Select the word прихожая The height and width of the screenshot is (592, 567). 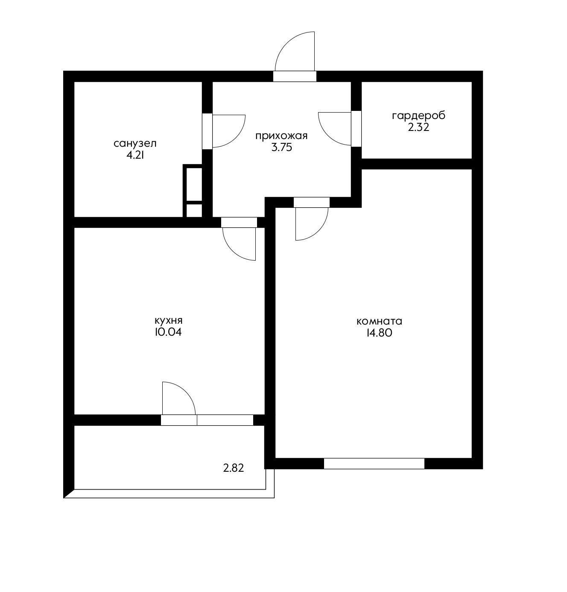point(281,136)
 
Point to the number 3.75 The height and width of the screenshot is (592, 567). point(282,148)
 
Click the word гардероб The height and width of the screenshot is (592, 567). point(418,116)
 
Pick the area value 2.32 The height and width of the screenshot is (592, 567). point(419,127)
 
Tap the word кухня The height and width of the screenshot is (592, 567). point(168,321)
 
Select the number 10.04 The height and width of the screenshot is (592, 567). point(168,332)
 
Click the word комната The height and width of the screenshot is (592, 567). point(379,321)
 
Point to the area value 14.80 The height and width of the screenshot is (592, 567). point(379,333)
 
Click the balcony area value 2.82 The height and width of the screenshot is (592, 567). point(234,468)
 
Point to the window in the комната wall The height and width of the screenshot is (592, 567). point(374,463)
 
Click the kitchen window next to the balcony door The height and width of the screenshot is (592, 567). point(225,420)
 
